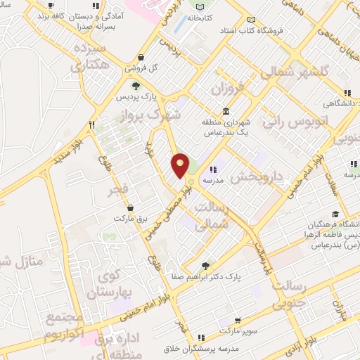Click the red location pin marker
181,165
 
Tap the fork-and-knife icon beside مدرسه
212,169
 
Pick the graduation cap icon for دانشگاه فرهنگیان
335,214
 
